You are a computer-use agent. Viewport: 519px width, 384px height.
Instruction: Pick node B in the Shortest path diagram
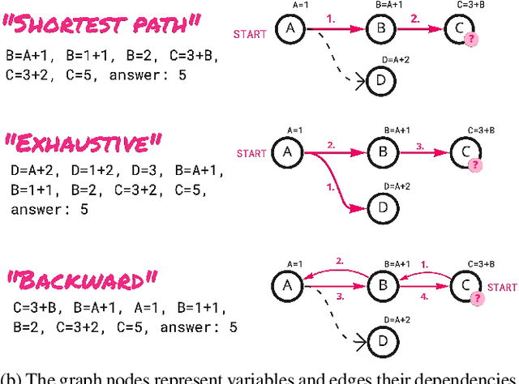pos(379,31)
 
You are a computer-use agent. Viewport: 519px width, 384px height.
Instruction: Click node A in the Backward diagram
pos(287,286)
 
